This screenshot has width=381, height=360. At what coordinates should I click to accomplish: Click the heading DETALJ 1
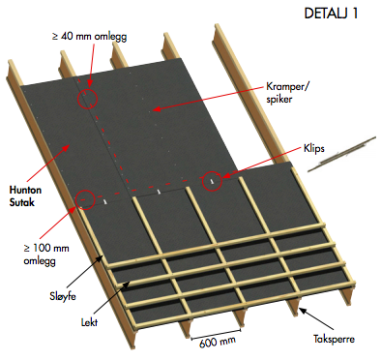point(331,14)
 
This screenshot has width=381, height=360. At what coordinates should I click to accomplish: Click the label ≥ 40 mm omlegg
point(89,36)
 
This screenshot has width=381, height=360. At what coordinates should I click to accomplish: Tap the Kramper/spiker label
point(287,93)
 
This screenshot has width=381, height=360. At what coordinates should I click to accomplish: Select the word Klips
point(314,149)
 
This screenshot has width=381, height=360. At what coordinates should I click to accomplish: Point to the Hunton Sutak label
point(25,196)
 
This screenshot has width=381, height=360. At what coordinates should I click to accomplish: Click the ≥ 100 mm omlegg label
point(46,255)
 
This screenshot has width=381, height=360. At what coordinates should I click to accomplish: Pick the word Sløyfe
point(63,296)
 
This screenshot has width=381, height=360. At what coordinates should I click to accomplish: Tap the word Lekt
point(89,322)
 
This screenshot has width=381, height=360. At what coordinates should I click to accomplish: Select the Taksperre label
point(334,339)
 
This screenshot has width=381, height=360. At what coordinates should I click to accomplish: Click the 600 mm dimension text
point(218,342)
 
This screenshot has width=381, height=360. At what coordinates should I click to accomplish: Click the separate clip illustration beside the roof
point(341,154)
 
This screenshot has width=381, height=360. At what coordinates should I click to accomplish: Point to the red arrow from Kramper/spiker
point(209,99)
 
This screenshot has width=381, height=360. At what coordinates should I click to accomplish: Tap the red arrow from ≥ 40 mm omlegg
point(91,65)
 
